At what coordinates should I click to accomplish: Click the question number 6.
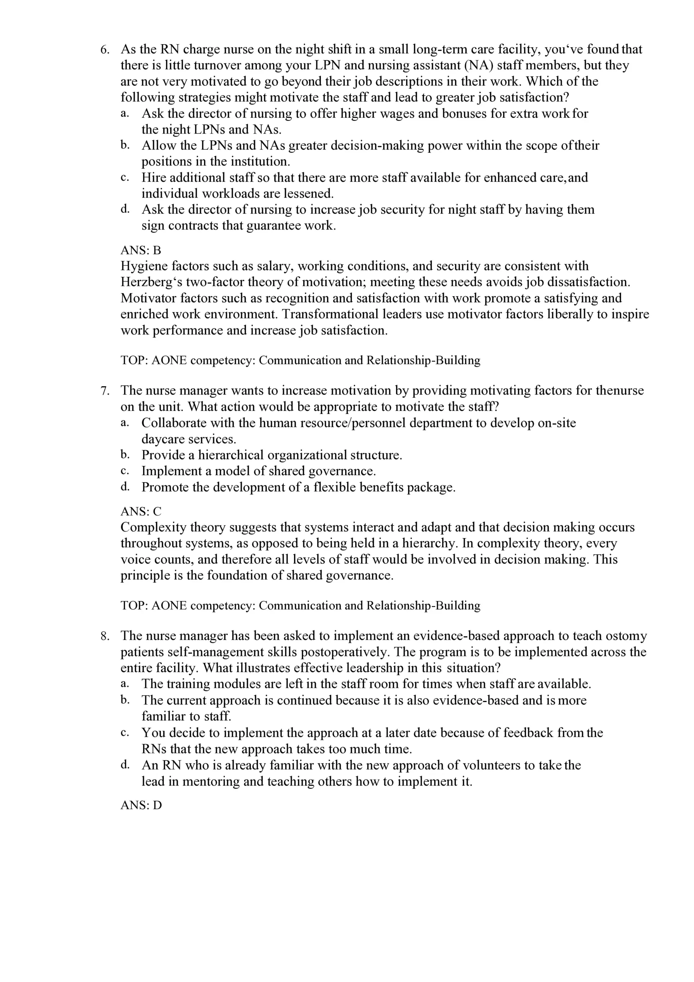(x=105, y=49)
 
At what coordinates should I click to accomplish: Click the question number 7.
(x=105, y=390)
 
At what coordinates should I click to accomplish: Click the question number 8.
(x=105, y=636)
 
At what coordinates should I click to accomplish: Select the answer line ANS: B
(x=141, y=250)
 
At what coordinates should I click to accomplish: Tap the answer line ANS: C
(x=141, y=512)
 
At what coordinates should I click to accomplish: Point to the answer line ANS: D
(x=141, y=806)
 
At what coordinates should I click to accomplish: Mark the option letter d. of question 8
(x=125, y=765)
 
